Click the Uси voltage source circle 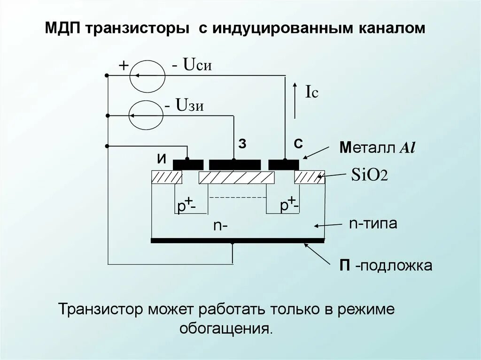[147, 76]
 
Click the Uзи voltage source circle [147, 115]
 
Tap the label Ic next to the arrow [312, 92]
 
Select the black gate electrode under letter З [234, 164]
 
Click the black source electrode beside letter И [188, 164]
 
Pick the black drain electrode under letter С [283, 164]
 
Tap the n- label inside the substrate [221, 226]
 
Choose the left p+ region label [186, 205]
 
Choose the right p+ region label [289, 205]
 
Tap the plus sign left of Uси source [123, 66]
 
